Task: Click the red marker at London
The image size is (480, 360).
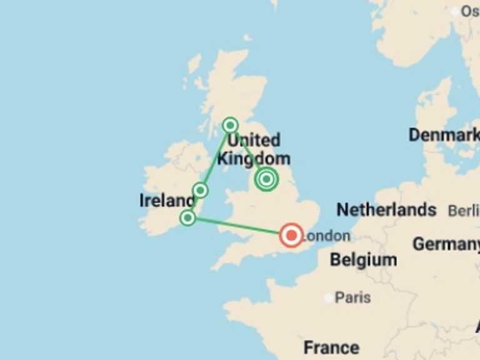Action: [291, 235]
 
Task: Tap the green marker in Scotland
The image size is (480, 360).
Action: [230, 125]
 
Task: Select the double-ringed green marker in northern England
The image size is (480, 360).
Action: [266, 179]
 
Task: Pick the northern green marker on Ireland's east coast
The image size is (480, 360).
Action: [200, 190]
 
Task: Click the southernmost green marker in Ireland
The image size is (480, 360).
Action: [187, 217]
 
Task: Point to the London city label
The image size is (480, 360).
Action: [326, 236]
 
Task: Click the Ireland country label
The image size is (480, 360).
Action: [166, 201]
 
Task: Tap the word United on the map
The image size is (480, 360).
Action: [254, 140]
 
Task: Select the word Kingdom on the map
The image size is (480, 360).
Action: [254, 159]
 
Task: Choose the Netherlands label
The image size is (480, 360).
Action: [386, 209]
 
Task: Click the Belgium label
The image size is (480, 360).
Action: [363, 259]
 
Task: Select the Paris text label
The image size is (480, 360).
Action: [352, 297]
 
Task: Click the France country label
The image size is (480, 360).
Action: [331, 347]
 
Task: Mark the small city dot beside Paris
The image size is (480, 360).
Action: [329, 298]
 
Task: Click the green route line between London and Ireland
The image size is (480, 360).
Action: [237, 226]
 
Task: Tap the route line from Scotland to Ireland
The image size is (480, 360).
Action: [216, 156]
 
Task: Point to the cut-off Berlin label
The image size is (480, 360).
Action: [463, 211]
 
